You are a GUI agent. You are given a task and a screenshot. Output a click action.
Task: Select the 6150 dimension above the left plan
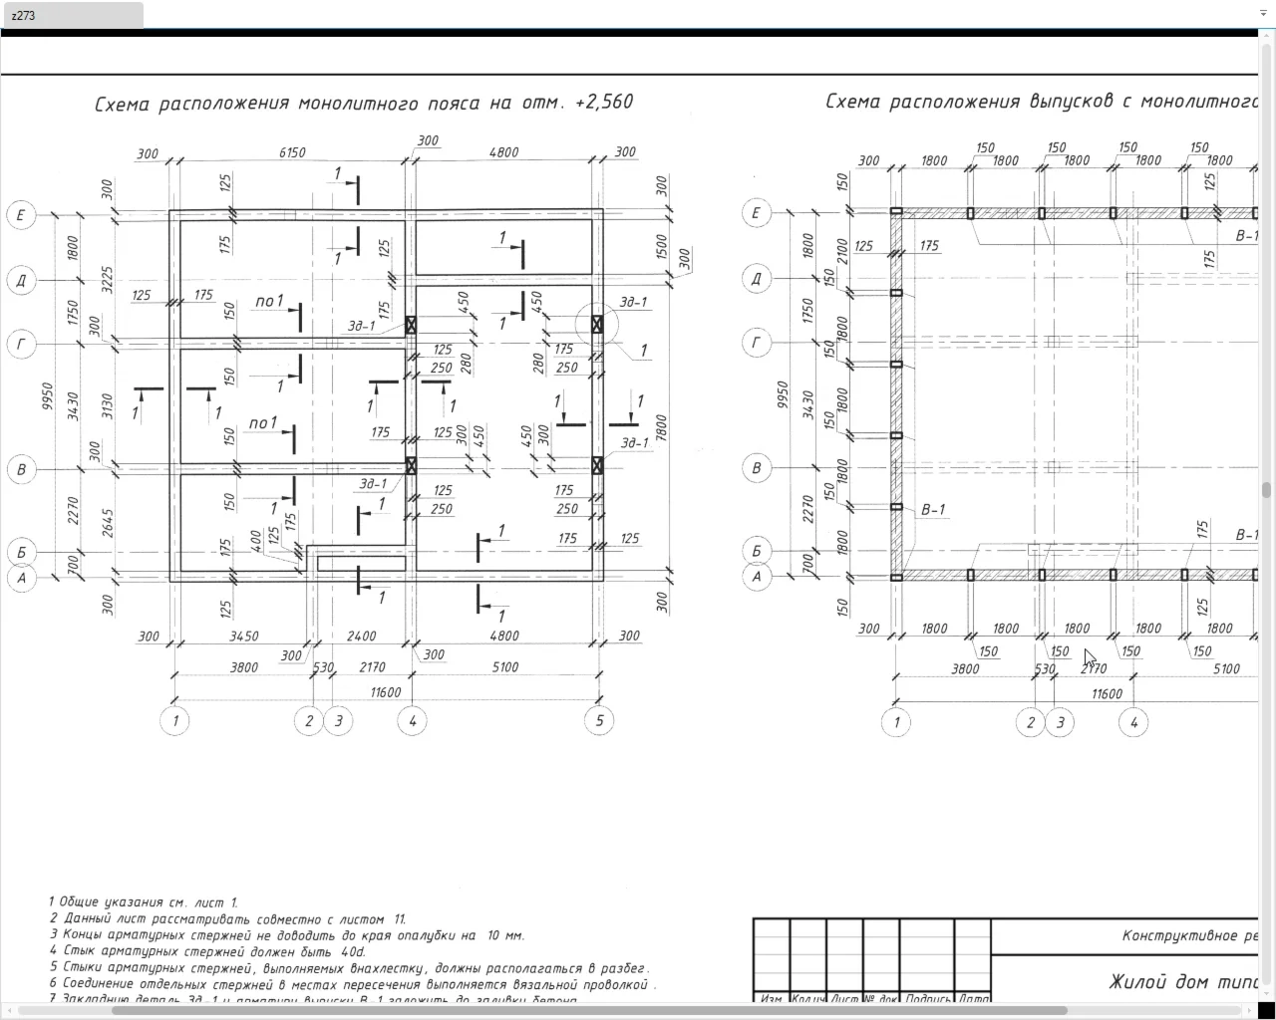click(x=291, y=152)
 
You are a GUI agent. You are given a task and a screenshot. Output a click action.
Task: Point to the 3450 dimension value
click(x=244, y=636)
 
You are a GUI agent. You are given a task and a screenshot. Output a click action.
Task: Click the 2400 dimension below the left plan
click(x=361, y=636)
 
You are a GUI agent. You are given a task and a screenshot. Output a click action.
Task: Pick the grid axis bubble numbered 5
click(x=599, y=721)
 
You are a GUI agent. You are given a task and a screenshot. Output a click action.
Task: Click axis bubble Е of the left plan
click(x=21, y=215)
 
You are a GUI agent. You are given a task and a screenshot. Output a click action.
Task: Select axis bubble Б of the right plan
click(x=757, y=550)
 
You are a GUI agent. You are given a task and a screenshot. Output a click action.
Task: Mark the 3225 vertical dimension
click(x=108, y=278)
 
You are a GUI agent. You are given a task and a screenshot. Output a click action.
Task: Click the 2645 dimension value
click(x=108, y=524)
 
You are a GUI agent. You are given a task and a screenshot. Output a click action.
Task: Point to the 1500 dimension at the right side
click(x=662, y=247)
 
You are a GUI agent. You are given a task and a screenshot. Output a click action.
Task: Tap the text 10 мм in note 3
click(x=505, y=935)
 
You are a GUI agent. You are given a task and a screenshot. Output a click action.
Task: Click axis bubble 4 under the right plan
click(x=1133, y=722)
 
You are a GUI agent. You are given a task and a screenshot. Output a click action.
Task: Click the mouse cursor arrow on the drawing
click(x=1090, y=657)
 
